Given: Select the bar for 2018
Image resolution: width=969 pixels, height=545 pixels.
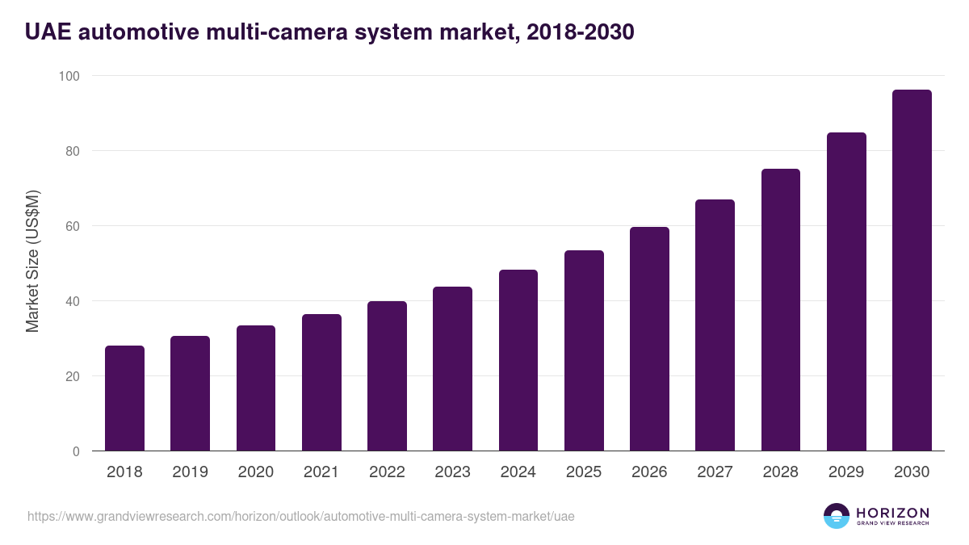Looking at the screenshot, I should click(x=124, y=398).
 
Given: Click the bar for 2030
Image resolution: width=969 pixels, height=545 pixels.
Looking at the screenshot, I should click(x=912, y=270).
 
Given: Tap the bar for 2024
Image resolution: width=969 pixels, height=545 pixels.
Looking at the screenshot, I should click(x=518, y=360).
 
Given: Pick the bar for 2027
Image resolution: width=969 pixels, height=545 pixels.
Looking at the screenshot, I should click(x=715, y=325).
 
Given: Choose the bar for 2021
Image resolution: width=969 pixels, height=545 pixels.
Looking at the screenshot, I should click(x=321, y=383).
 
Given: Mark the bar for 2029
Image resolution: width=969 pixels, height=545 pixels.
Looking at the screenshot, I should click(x=846, y=291).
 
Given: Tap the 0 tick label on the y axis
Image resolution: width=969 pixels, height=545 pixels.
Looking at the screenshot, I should click(x=76, y=451).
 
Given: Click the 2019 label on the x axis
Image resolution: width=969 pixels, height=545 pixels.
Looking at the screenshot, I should click(x=190, y=472).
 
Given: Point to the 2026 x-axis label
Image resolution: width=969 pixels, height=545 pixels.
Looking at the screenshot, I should click(x=649, y=472).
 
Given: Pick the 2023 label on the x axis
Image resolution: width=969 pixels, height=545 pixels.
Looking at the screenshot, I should click(x=452, y=472).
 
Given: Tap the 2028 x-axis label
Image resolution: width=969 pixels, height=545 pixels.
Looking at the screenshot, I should click(x=780, y=472).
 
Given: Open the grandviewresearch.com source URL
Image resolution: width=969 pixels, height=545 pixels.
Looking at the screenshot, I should click(x=301, y=516).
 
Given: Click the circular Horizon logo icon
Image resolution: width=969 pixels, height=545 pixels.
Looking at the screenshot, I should click(x=837, y=516).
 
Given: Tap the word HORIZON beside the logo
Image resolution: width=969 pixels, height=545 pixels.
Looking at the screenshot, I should click(x=892, y=513).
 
